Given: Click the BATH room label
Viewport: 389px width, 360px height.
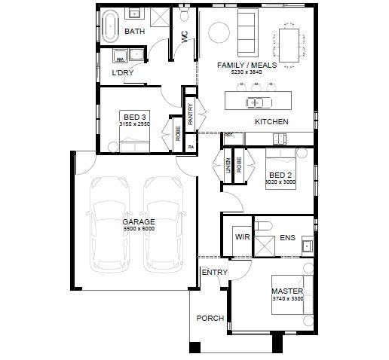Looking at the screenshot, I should tap(134, 32).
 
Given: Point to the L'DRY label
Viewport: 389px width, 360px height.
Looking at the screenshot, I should tap(122, 73).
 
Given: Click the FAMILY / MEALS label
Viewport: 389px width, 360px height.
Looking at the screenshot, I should tap(247, 66).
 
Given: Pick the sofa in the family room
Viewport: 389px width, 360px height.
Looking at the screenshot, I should tap(247, 28).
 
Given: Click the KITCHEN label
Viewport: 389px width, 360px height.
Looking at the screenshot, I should tap(271, 121).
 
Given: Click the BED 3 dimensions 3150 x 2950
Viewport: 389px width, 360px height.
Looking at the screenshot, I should tap(135, 125).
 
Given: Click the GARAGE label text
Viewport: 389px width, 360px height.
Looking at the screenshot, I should tap(139, 222).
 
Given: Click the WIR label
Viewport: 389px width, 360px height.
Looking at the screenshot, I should tap(242, 236).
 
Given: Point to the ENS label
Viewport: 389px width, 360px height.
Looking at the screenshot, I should tap(287, 238).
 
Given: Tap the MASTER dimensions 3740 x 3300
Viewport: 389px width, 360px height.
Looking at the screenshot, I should tap(287, 299).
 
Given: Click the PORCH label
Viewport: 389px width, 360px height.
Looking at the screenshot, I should tap(210, 318).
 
